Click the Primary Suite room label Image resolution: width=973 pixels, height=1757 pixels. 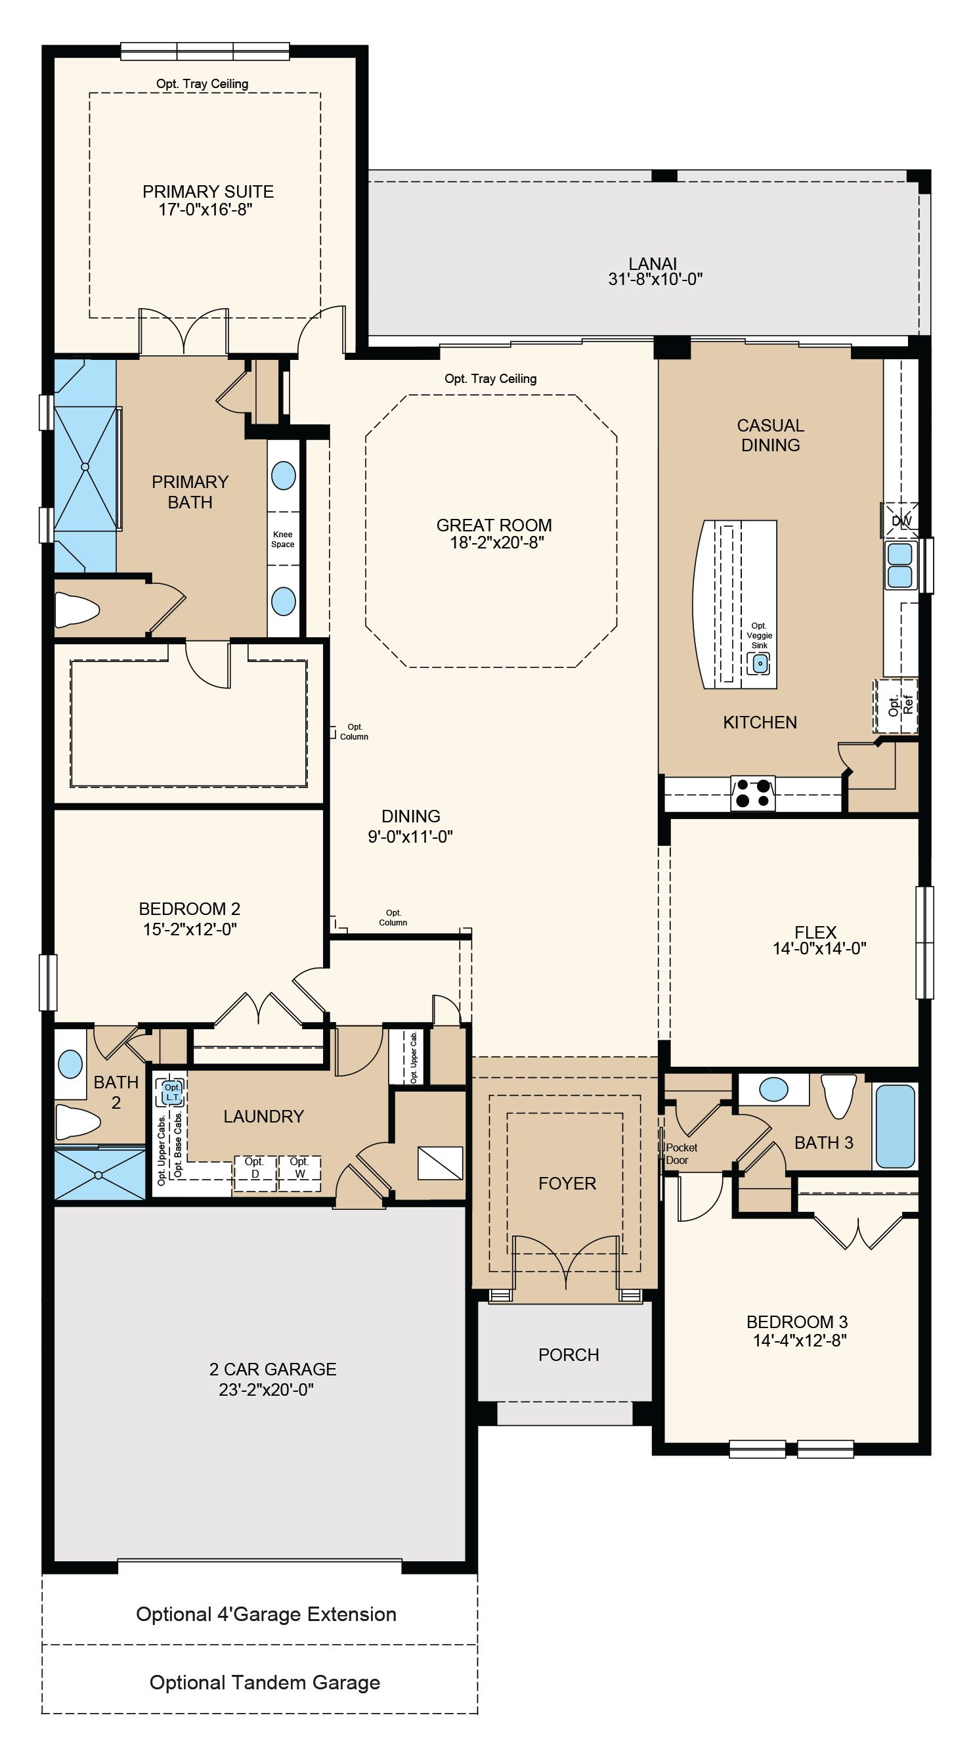[x=208, y=192]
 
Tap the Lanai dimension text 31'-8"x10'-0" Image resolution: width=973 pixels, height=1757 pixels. [x=655, y=279]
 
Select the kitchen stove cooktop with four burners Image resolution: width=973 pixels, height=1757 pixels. [x=753, y=793]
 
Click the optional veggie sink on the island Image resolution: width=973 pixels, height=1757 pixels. [x=760, y=662]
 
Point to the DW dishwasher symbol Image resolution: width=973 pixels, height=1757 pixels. [x=901, y=520]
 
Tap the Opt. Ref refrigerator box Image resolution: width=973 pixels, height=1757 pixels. [x=897, y=705]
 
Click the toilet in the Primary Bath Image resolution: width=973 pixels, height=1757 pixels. [x=77, y=609]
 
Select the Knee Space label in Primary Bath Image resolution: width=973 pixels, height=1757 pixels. [x=283, y=539]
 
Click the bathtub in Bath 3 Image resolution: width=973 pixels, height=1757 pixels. [x=895, y=1126]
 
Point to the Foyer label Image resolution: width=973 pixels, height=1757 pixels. [x=567, y=1184]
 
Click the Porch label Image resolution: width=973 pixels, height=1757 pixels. [x=569, y=1354]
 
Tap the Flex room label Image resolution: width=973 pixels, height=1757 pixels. [x=815, y=931]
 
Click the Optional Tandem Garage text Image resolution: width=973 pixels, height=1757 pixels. [x=265, y=1683]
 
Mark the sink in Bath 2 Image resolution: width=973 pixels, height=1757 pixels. [x=70, y=1064]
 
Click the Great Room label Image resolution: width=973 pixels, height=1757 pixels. [x=494, y=525]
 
